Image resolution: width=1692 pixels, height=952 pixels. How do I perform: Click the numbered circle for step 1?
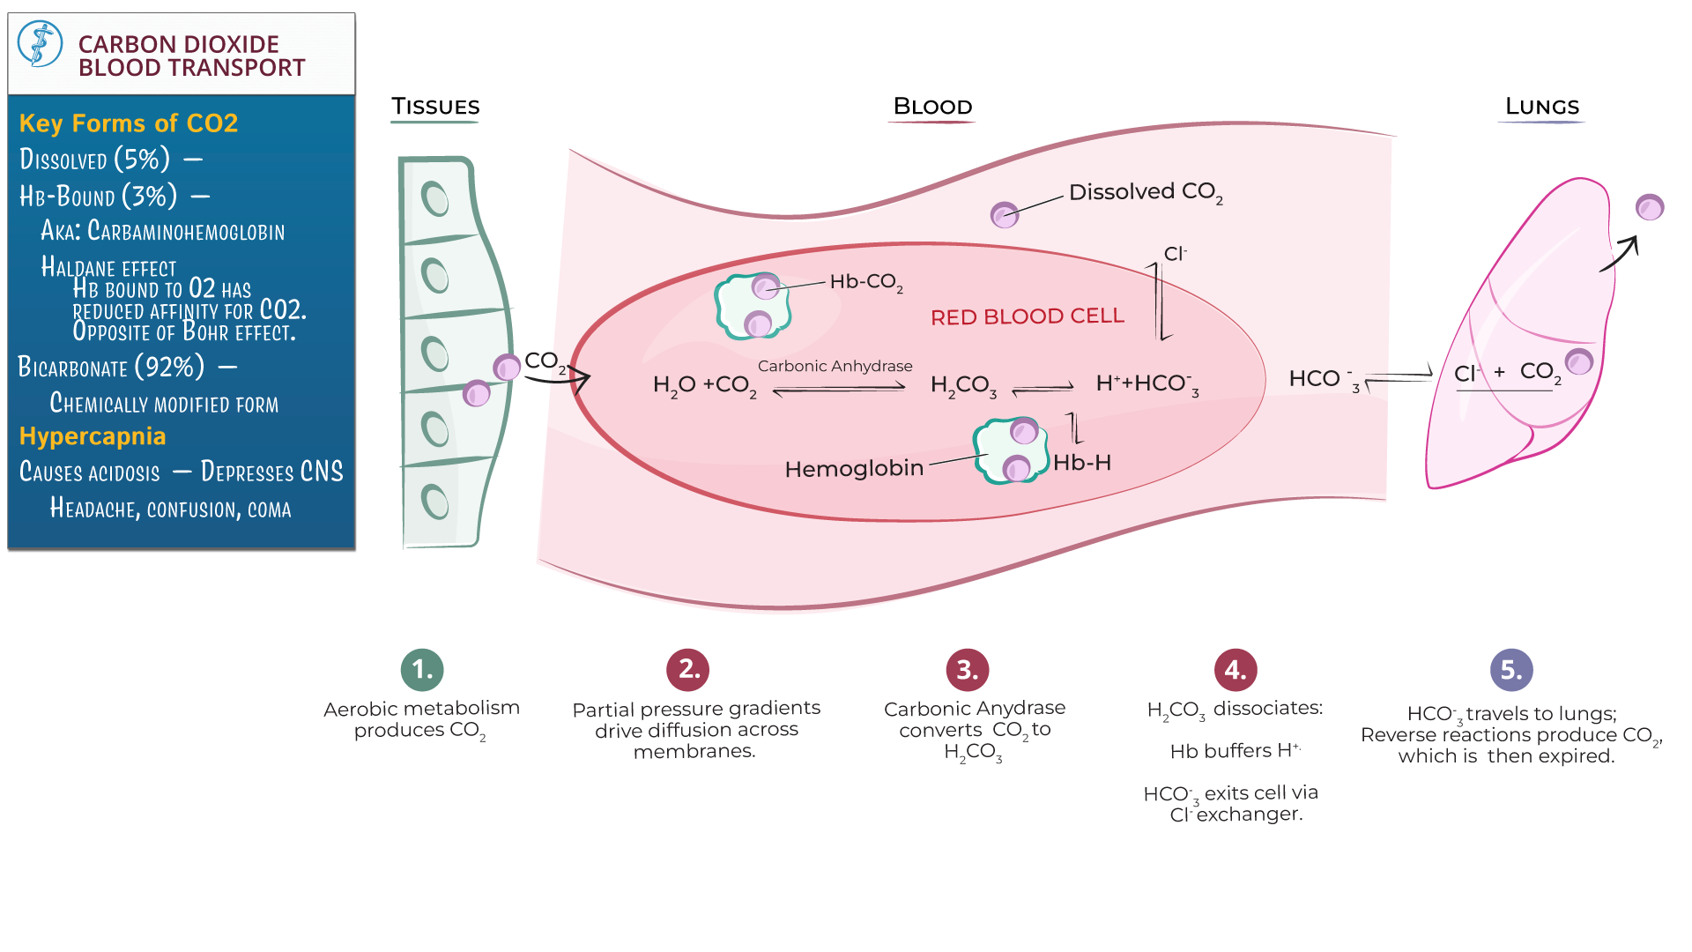(x=422, y=669)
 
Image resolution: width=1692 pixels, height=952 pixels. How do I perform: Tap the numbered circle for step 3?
(x=967, y=670)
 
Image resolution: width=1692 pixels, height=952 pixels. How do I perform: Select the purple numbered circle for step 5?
(x=1511, y=670)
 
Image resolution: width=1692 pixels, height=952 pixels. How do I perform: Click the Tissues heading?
(x=435, y=107)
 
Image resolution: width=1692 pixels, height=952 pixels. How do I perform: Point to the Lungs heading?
(x=1541, y=107)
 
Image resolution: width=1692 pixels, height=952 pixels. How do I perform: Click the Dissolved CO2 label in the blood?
(x=1145, y=192)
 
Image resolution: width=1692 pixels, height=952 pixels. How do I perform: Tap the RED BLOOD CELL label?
(x=1027, y=316)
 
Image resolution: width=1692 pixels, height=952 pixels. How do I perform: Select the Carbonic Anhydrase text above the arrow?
(x=835, y=366)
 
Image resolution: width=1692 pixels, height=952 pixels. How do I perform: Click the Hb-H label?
(x=1081, y=463)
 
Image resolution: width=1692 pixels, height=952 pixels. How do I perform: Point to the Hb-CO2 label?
(x=865, y=282)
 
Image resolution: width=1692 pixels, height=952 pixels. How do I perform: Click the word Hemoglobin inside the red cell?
(x=854, y=469)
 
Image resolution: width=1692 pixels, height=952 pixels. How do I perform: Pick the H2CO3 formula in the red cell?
(x=963, y=385)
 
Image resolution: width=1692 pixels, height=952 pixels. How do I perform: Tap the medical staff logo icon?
(x=41, y=44)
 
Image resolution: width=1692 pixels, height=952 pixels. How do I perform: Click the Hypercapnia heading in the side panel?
(x=93, y=436)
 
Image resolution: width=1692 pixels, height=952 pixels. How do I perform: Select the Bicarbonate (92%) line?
(x=111, y=367)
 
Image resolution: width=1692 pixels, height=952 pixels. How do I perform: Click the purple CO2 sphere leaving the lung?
(x=1649, y=207)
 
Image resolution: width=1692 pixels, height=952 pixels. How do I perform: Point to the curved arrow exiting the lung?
(x=1620, y=254)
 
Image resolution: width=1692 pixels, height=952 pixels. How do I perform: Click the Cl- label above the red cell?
(x=1175, y=254)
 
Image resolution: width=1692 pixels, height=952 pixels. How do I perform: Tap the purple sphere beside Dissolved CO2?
(x=1004, y=214)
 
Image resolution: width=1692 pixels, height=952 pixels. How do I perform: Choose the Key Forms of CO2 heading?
(x=129, y=123)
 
